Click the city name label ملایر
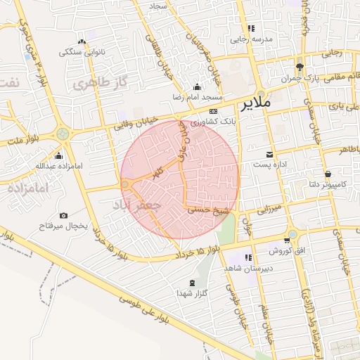(x=255, y=105)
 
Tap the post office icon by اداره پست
(x=269, y=154)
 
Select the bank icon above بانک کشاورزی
(x=213, y=111)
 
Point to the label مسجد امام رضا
(x=199, y=96)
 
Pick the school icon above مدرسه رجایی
(x=251, y=29)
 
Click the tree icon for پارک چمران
(x=300, y=66)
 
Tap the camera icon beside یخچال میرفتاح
(x=64, y=215)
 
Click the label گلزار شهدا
(x=191, y=292)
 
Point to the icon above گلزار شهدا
(x=191, y=282)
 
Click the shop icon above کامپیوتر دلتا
(x=328, y=174)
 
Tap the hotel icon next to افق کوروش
(x=292, y=250)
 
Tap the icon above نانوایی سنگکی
(x=82, y=41)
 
